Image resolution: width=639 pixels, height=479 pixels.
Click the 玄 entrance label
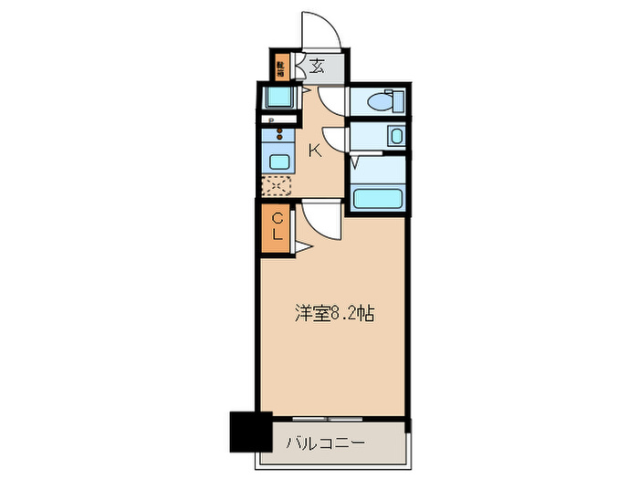click(x=317, y=66)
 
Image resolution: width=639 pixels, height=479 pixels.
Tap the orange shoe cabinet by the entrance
click(x=282, y=67)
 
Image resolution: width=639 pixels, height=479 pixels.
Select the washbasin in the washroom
click(x=393, y=137)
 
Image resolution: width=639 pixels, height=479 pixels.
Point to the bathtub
click(x=378, y=198)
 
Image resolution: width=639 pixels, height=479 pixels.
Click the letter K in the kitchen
click(x=313, y=151)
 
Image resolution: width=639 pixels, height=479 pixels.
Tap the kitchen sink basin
click(x=278, y=161)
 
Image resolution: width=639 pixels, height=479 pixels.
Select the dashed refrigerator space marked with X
click(x=277, y=186)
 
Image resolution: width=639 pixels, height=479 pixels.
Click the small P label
click(x=271, y=120)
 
